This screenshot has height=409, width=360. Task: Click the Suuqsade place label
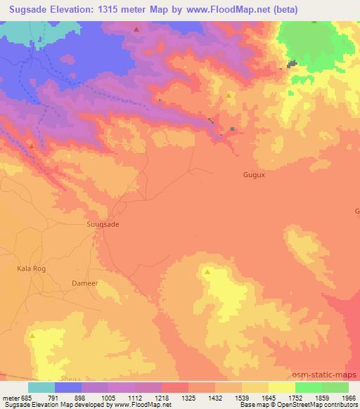point(102,223)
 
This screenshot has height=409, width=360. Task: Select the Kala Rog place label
point(30,268)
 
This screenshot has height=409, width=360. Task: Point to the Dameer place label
point(84,283)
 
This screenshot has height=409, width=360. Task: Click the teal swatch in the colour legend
point(41,387)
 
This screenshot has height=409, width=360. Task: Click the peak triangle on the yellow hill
point(207,271)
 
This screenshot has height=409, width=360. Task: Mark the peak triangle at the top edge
point(136,30)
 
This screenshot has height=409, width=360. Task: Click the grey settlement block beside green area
point(291,65)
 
